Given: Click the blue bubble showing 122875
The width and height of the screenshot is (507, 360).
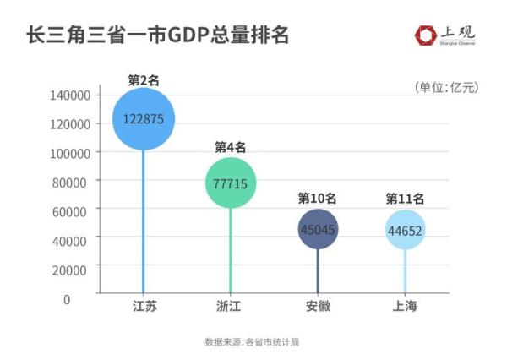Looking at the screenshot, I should coord(144,118).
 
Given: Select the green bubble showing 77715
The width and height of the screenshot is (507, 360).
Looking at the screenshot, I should coord(230,183).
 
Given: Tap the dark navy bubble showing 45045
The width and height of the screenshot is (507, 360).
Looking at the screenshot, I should coord(319,229).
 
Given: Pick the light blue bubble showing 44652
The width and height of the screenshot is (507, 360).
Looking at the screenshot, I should coord(405,229).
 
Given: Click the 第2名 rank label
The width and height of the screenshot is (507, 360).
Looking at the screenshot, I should coord(144,80).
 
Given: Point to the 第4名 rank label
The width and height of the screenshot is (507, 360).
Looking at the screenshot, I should coord(230,147).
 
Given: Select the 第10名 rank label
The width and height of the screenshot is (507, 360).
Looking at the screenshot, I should coord(318,199).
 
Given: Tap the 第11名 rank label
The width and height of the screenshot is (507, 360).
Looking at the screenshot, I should coord(405,199).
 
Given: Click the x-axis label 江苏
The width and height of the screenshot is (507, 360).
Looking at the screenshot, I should coord(144,306).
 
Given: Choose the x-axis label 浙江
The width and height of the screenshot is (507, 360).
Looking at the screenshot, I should coord(230,306).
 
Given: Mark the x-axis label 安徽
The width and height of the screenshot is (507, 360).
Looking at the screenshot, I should coord(318,306).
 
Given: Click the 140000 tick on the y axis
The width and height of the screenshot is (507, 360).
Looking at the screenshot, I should coord(71,95).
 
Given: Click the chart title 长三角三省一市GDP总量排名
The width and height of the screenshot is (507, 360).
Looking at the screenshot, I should coord(158,35).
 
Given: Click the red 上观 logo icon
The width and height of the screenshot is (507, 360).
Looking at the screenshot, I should coord(426,35).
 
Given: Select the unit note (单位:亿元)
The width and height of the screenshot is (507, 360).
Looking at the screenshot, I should coord(446,87).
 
